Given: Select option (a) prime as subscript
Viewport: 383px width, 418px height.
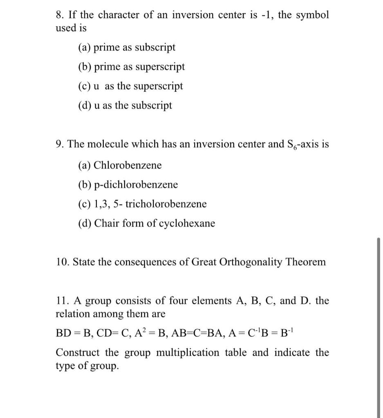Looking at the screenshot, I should point(127,47).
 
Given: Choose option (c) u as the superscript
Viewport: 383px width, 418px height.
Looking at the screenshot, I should point(130,86).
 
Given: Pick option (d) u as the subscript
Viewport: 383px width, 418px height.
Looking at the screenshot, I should point(125,105).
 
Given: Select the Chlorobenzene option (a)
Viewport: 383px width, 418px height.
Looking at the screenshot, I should point(120,165).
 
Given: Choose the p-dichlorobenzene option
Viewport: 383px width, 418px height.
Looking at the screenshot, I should point(128,185).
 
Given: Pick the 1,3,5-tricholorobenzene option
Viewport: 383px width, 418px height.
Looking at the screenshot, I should point(142,204).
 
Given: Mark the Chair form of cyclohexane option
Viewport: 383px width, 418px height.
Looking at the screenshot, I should point(146,223).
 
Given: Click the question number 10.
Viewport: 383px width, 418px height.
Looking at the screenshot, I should point(62,262).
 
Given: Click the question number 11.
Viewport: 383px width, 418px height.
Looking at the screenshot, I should point(62,301).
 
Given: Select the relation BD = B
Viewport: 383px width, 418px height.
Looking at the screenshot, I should point(73,333).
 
